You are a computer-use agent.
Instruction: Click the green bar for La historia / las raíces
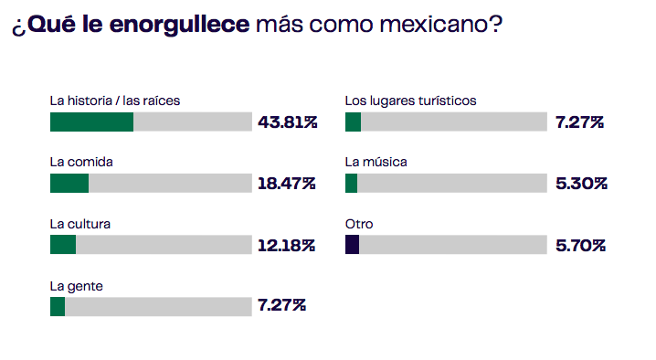91,122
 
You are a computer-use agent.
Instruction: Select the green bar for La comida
69,183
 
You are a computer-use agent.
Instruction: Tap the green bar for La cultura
63,244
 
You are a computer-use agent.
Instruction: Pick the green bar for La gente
58,305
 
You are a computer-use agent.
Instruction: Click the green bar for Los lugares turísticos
353,122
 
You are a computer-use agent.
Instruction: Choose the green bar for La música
351,183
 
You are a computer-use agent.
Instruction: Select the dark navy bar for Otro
352,244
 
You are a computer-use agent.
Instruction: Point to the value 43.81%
287,122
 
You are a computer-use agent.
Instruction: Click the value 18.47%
286,183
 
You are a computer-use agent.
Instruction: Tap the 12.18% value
286,245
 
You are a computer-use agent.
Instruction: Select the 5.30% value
580,183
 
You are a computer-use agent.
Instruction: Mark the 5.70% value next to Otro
580,245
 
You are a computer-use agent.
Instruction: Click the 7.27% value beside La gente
281,305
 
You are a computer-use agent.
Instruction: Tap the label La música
376,162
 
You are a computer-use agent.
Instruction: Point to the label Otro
358,223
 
